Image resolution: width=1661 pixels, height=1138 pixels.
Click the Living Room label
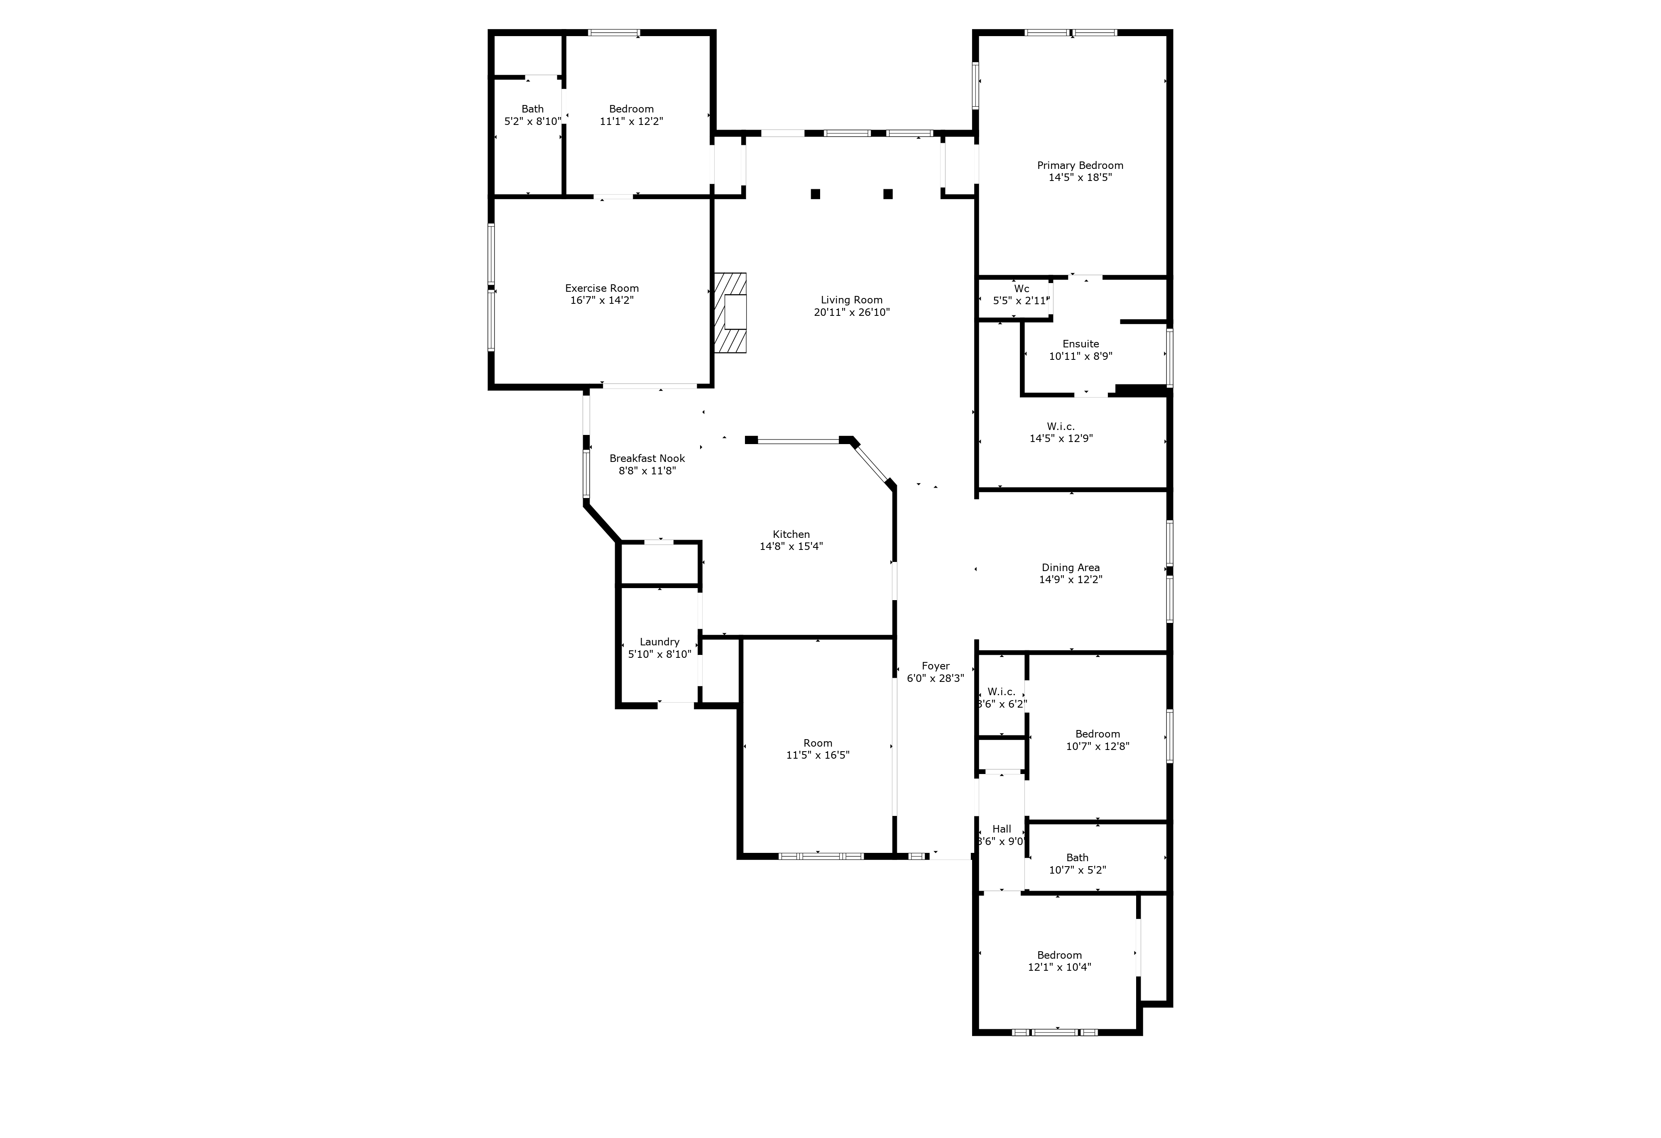pos(851,300)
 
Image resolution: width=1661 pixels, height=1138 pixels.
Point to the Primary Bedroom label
pos(1080,166)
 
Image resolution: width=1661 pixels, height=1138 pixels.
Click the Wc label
pos(1022,288)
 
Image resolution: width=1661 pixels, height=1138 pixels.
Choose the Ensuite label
pos(1080,344)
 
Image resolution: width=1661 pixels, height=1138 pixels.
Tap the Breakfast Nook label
pos(647,459)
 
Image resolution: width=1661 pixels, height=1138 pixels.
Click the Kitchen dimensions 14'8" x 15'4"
pos(791,547)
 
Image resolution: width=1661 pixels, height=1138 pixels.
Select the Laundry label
pos(659,642)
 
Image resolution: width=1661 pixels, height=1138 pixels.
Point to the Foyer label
pos(936,666)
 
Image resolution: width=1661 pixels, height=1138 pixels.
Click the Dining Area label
pos(1071,568)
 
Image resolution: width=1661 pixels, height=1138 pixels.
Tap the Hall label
pos(1001,829)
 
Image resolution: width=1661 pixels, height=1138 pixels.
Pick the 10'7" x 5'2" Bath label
pos(1077,857)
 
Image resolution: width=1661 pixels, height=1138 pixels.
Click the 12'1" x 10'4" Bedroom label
pos(1059,955)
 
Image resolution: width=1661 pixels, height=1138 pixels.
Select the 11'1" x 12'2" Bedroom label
pos(631,109)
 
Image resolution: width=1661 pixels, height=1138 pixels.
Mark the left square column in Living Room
pos(816,193)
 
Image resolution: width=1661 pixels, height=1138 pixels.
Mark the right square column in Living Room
pos(888,193)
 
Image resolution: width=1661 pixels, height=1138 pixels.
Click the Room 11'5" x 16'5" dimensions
pos(818,755)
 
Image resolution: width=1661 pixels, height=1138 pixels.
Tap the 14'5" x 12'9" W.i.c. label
pos(1061,427)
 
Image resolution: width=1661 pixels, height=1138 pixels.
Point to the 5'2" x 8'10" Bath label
pos(532,109)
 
